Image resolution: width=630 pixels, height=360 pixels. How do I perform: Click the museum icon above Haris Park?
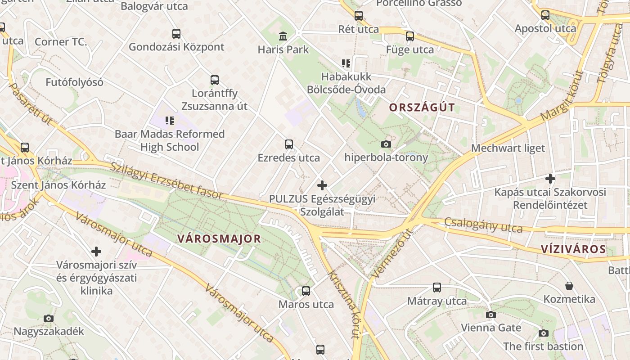click(283, 36)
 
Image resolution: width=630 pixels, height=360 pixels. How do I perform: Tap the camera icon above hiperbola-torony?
click(386, 144)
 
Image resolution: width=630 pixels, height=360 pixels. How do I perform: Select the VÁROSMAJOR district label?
click(219, 238)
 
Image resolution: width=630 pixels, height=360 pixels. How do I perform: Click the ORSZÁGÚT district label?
click(422, 108)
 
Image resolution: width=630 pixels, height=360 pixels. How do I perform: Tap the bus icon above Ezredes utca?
click(289, 144)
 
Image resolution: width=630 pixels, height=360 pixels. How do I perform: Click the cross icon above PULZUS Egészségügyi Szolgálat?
click(322, 185)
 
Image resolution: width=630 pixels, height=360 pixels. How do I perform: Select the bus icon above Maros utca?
click(306, 291)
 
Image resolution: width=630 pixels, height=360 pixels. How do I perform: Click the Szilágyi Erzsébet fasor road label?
click(167, 180)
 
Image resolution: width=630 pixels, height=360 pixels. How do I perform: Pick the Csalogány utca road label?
click(483, 225)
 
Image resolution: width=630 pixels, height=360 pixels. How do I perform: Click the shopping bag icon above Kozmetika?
click(569, 286)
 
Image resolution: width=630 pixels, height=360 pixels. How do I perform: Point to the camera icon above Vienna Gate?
click(491, 315)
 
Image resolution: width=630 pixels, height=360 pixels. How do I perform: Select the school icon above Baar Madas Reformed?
click(169, 121)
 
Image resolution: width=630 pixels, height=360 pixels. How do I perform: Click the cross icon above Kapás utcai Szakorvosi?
click(550, 179)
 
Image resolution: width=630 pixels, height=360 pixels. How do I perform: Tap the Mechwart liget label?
click(508, 148)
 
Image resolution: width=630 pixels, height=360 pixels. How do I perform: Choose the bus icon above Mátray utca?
click(436, 288)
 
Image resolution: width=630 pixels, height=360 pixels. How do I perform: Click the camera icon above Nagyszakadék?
click(49, 318)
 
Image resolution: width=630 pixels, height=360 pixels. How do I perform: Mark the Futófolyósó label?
click(74, 82)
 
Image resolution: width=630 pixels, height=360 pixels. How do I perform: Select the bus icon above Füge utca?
click(409, 36)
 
